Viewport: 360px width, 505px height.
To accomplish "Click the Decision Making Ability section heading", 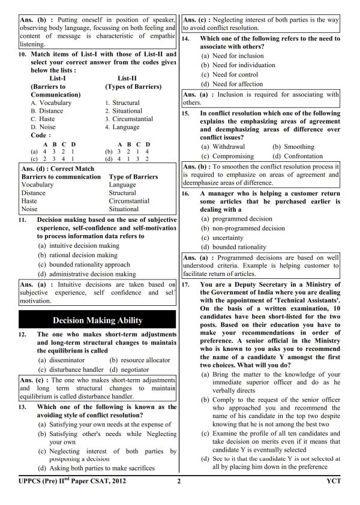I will coord(97,320).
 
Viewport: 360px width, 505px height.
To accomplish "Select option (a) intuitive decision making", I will coord(79,245).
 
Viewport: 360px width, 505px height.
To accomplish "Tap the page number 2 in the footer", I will coord(179,480).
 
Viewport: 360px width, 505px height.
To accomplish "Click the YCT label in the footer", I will coord(333,480).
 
